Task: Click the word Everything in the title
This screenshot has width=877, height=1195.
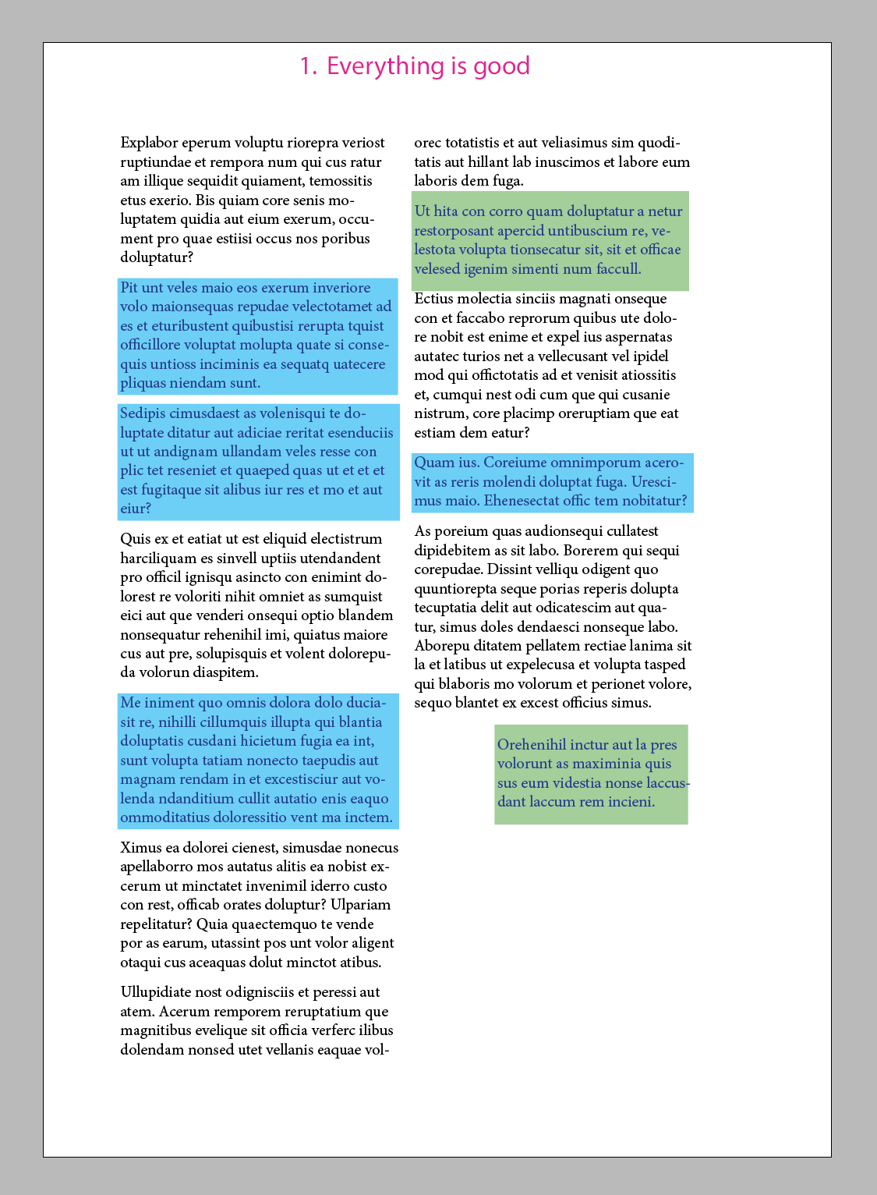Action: [x=375, y=66]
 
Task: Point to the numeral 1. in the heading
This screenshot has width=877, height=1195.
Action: [x=309, y=66]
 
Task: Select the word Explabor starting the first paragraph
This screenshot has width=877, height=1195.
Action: [x=149, y=143]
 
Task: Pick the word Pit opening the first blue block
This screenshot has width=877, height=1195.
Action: [x=129, y=288]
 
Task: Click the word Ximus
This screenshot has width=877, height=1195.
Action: [x=141, y=848]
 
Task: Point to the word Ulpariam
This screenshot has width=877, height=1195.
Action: [x=361, y=905]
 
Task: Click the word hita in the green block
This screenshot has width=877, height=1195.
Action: [x=446, y=211]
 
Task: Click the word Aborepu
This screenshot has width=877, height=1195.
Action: [x=442, y=646]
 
